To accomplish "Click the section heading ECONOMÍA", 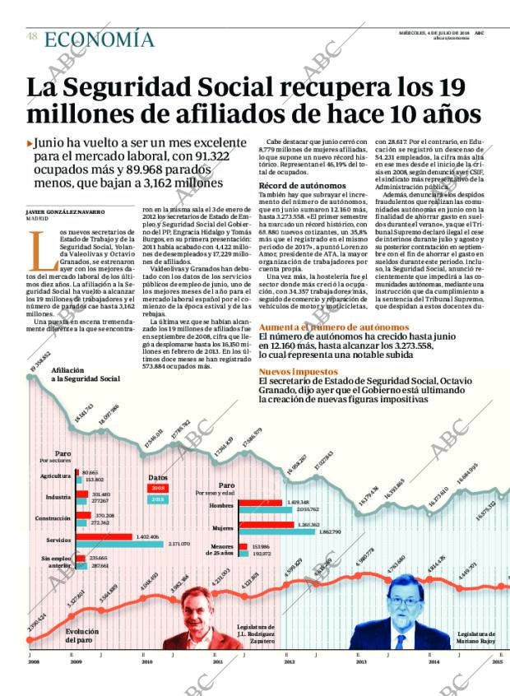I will point(98,39).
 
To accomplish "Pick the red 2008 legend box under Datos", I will point(157,488).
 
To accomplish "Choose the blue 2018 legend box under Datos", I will point(157,499).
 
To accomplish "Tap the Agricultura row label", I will point(55,476).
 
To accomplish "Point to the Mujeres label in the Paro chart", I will point(223,527).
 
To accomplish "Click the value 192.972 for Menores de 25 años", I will point(261,554).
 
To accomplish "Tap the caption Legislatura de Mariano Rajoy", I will point(476,638).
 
